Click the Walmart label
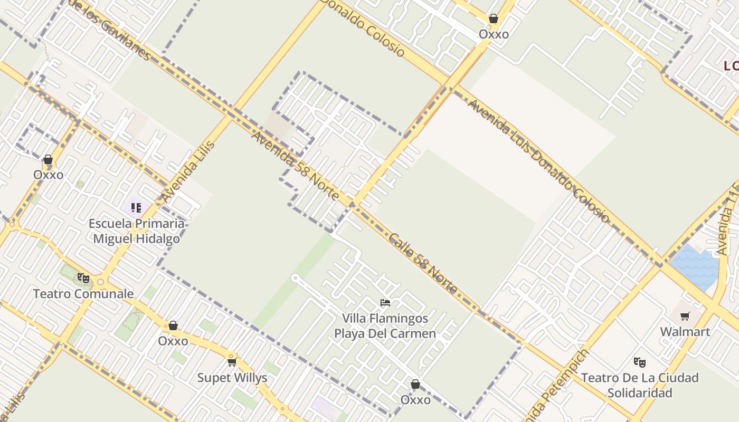point(685,332)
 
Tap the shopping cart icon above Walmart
point(685,316)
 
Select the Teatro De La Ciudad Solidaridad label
point(640,385)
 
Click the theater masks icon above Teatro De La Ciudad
point(640,362)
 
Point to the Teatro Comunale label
point(83,294)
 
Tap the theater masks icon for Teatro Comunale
point(83,277)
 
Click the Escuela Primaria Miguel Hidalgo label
point(136,231)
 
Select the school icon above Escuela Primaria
point(136,207)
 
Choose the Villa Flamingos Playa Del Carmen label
point(385,326)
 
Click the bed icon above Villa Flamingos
point(385,303)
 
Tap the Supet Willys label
point(232,378)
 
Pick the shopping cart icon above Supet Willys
point(232,362)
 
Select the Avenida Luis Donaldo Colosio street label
point(538,161)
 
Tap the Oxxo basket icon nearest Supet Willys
point(173,325)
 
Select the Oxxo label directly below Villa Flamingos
point(415,400)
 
